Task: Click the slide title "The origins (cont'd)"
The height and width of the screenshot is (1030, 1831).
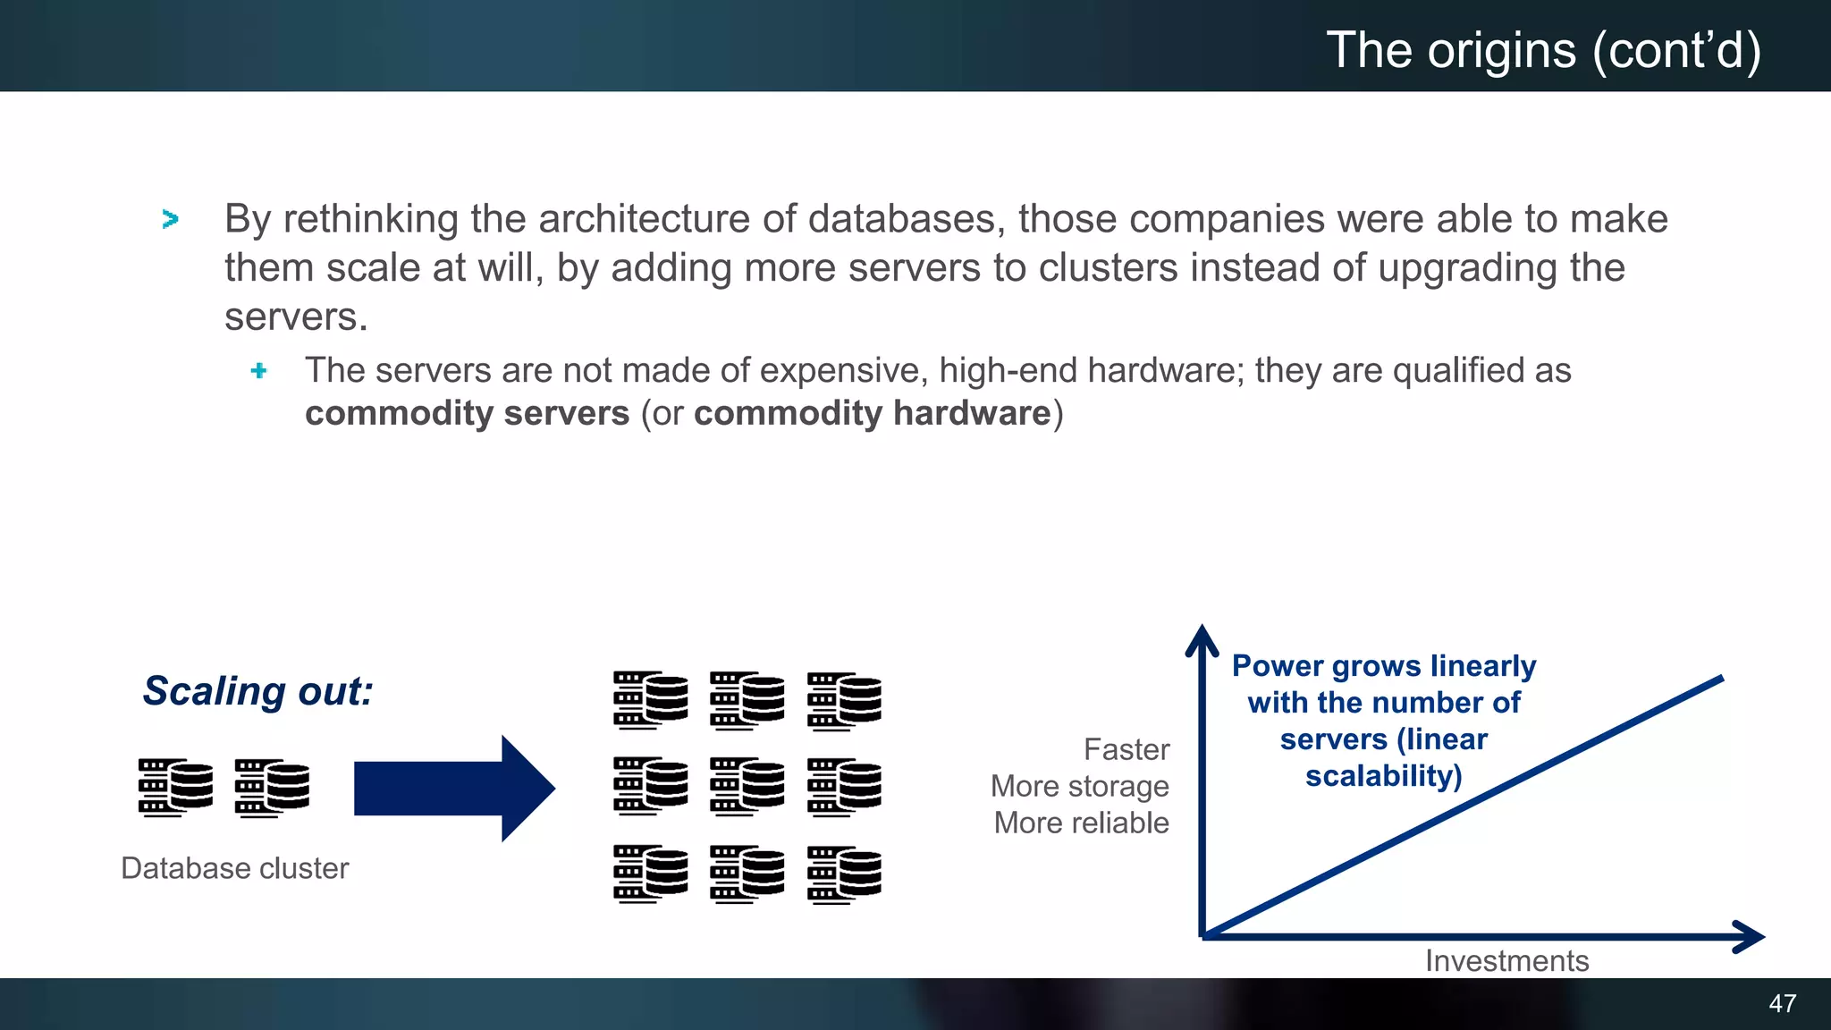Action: (x=1543, y=50)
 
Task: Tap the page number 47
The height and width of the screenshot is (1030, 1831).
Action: (x=1782, y=1003)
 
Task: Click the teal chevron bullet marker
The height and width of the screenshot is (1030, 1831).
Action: (x=170, y=219)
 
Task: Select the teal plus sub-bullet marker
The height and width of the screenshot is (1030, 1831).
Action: (x=258, y=370)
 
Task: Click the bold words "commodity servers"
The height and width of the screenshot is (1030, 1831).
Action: (x=467, y=414)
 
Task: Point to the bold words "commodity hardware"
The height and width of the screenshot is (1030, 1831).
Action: (x=872, y=414)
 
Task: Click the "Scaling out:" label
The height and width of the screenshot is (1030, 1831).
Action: (x=257, y=691)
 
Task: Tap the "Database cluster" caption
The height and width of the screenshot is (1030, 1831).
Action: (x=234, y=868)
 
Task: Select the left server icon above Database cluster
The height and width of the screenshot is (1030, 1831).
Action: (x=175, y=788)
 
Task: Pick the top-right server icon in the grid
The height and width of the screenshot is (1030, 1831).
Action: (x=844, y=700)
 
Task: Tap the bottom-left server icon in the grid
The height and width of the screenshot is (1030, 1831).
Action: (x=651, y=874)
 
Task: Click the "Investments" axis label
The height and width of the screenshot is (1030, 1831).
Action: (x=1506, y=960)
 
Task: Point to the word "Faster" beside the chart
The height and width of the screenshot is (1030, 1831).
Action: (x=1126, y=749)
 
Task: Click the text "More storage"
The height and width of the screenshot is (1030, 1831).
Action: (x=1079, y=786)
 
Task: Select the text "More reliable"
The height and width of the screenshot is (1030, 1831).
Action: (x=1081, y=823)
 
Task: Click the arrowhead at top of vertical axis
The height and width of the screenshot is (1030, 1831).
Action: (x=1202, y=638)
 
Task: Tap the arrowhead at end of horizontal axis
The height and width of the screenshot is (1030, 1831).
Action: (x=1751, y=936)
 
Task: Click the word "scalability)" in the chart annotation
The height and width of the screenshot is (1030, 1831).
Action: (x=1383, y=776)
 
